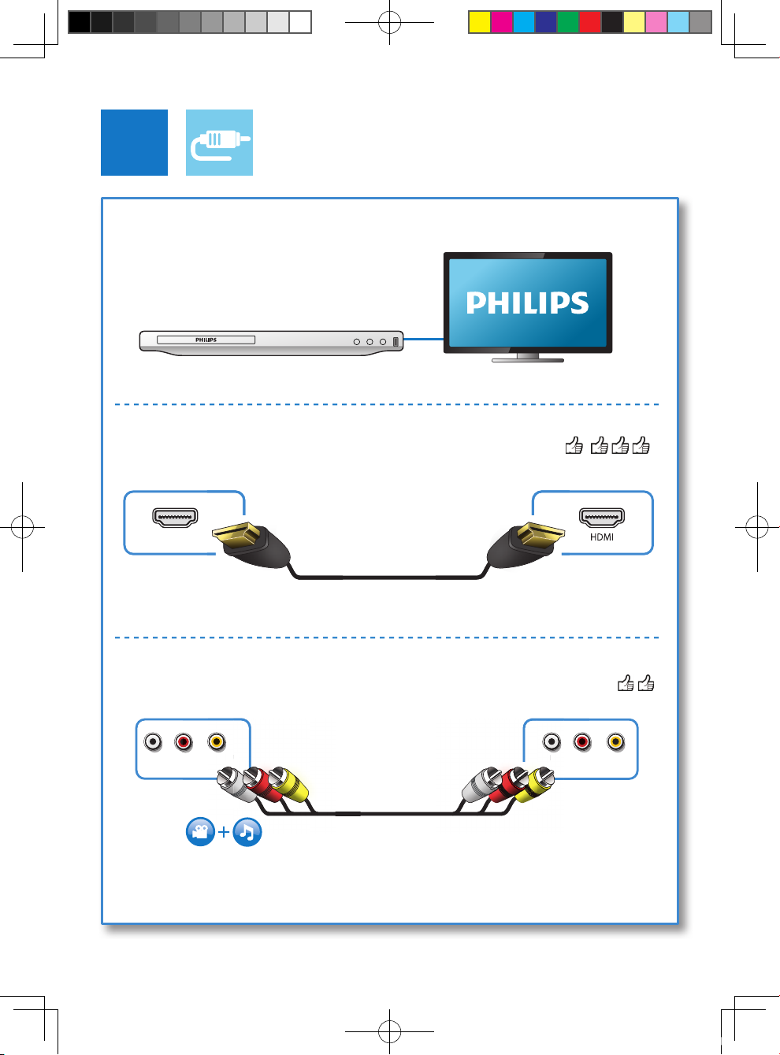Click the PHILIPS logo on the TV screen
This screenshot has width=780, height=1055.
tap(527, 303)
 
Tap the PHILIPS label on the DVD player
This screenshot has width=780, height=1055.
tap(206, 340)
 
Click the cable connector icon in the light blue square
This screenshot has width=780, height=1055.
tap(219, 143)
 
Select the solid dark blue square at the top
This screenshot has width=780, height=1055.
tap(134, 143)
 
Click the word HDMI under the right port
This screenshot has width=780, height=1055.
tap(602, 537)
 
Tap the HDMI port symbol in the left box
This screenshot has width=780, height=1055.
tap(175, 518)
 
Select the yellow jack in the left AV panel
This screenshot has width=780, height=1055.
tap(217, 741)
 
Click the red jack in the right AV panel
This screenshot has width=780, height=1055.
tap(582, 741)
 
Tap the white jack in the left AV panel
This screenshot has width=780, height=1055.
tap(153, 741)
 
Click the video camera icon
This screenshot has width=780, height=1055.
tap(200, 832)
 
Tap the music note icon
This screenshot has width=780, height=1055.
tap(247, 832)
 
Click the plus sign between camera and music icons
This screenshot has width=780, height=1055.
tap(224, 832)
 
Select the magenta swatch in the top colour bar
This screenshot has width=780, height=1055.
tap(501, 22)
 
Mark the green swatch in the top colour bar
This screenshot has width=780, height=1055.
tap(567, 22)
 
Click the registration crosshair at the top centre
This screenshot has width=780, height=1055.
tap(389, 22)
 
